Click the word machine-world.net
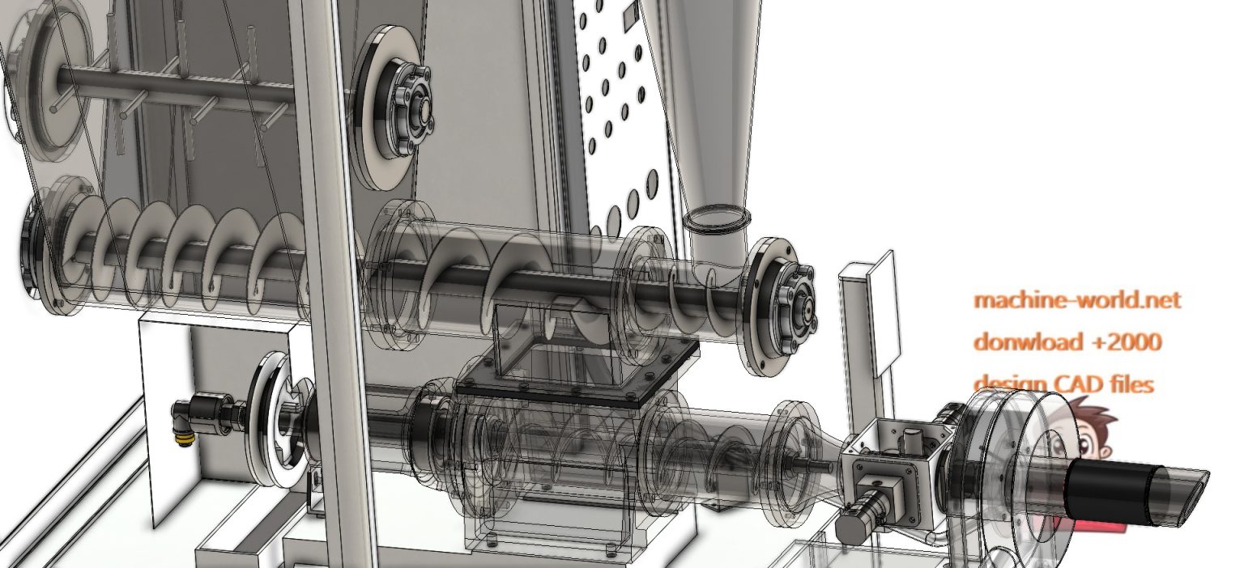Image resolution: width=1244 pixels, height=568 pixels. point(1076,300)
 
